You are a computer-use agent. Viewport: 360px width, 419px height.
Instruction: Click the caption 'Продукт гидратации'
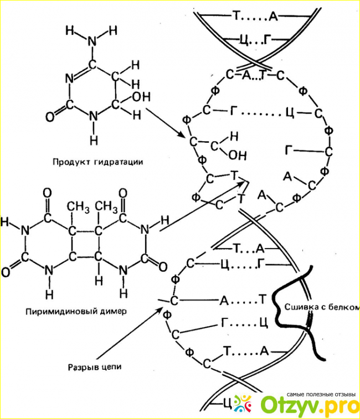pos(98,163)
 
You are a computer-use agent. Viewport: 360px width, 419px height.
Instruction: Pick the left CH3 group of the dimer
pos(79,207)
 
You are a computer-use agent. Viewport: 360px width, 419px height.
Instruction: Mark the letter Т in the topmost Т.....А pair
pos(236,17)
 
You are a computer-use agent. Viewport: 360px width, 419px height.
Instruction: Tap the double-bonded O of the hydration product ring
pos(50,116)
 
